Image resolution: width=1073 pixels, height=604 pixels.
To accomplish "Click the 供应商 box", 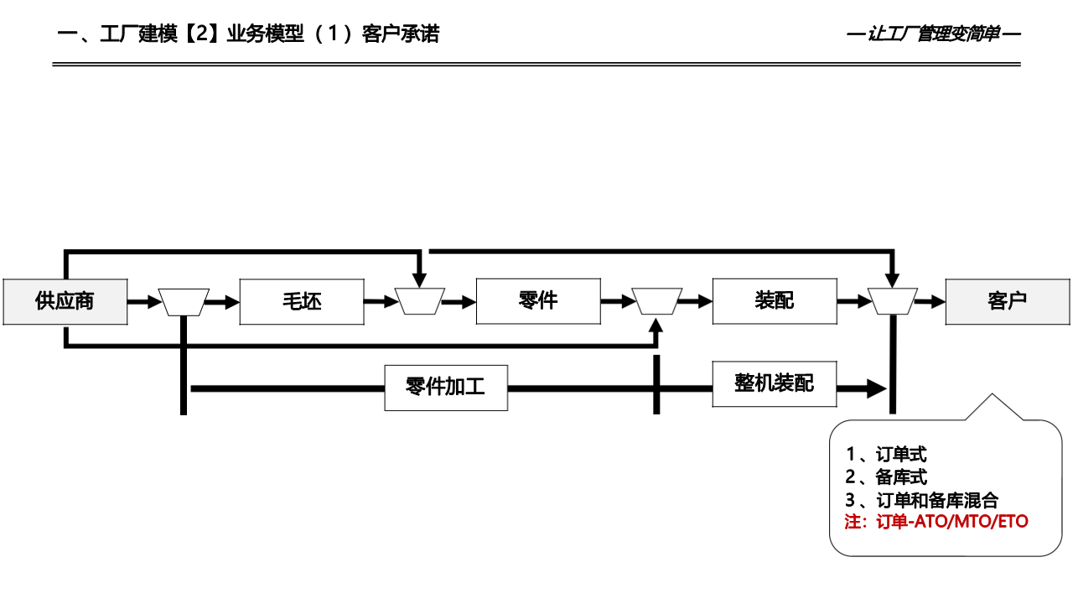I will [x=65, y=301].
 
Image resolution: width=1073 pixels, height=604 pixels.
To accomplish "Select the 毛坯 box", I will [x=302, y=301].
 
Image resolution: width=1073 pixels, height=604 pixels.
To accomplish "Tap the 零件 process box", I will [x=538, y=301].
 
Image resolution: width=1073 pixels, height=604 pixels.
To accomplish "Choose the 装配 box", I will [x=775, y=301].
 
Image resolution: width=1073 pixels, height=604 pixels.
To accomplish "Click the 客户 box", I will [x=1008, y=301].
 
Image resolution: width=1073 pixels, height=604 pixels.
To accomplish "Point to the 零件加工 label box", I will [x=446, y=388].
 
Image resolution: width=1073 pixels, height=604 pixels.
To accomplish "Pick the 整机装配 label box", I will [x=775, y=384].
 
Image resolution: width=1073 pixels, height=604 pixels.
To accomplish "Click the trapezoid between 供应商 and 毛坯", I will [x=184, y=302].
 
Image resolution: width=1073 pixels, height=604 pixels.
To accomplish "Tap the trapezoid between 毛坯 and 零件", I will [x=420, y=302].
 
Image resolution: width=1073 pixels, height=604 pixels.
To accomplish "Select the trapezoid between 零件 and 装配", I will [x=656, y=302].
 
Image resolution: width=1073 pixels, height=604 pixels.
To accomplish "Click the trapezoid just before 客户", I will [x=893, y=302].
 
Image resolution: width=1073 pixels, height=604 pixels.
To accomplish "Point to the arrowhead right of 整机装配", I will [x=876, y=388].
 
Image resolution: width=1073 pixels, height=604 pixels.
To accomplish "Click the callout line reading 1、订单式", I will [x=886, y=456].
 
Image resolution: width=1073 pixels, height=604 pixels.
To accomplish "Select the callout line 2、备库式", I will [x=886, y=477].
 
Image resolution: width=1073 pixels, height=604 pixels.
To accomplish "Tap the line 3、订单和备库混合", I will [x=922, y=500].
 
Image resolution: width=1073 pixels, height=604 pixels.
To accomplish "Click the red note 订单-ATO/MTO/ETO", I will [x=936, y=522].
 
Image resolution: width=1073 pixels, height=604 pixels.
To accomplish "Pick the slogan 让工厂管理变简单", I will [x=934, y=35].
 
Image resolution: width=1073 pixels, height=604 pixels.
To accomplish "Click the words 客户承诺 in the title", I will [x=401, y=34].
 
